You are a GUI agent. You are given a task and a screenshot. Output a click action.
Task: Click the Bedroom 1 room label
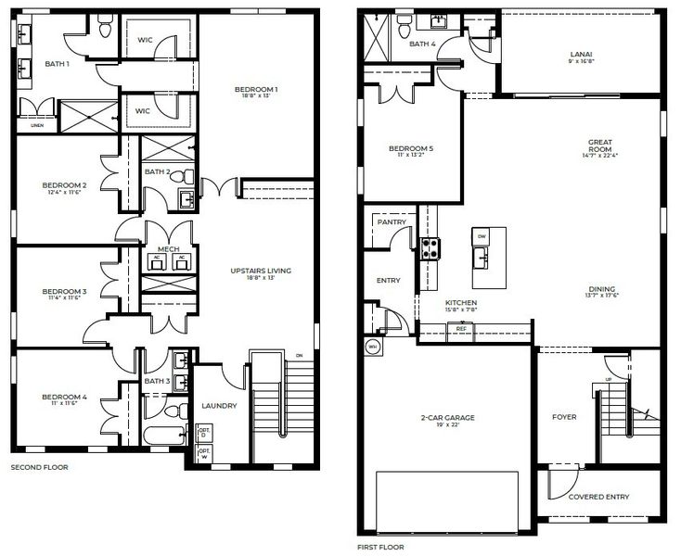click(x=256, y=89)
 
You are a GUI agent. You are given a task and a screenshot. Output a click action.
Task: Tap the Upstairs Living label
click(x=261, y=271)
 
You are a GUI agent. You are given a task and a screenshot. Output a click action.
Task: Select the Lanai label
click(x=581, y=55)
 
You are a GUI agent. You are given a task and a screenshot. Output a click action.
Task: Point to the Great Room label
click(x=600, y=143)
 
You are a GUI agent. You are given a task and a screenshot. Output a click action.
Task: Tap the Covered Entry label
click(x=597, y=497)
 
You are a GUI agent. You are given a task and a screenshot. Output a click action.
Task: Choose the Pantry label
click(x=388, y=222)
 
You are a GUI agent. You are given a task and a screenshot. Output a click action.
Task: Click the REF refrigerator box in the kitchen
click(x=460, y=328)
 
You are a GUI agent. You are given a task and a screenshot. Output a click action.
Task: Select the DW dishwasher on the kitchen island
click(x=482, y=237)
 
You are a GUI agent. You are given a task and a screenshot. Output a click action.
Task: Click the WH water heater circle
click(x=374, y=347)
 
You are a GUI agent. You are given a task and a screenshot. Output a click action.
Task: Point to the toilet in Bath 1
click(x=106, y=32)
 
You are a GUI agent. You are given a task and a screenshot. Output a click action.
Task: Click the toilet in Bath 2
click(x=189, y=175)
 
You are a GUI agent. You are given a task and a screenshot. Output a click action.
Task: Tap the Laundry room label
click(x=220, y=406)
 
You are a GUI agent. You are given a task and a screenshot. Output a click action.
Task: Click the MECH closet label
click(x=168, y=249)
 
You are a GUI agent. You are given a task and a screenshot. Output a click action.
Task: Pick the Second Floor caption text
click(x=39, y=468)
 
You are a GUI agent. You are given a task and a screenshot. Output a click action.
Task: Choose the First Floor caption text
click(x=379, y=548)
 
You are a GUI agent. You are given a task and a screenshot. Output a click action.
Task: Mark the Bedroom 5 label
click(x=411, y=148)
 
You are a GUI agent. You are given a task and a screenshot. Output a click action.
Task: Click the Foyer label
click(x=564, y=417)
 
